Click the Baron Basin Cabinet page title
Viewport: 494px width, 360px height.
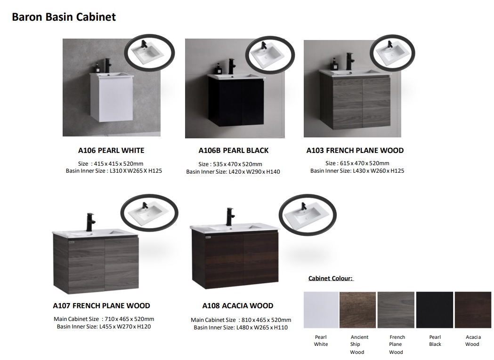click(64, 17)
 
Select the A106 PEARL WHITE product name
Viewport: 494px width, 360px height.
click(111, 151)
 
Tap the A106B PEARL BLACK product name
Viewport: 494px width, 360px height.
click(234, 151)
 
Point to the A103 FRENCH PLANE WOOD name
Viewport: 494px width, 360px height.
click(355, 151)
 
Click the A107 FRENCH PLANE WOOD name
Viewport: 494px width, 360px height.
click(101, 305)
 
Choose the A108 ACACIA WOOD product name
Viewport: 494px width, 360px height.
click(237, 305)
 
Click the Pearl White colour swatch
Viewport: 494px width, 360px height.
click(321, 310)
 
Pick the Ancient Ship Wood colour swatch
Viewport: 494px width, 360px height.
click(357, 310)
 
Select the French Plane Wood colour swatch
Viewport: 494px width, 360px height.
click(396, 310)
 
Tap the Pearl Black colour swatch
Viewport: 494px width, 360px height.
click(435, 310)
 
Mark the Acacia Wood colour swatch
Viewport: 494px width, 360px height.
click(473, 310)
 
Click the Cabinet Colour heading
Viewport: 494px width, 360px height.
click(331, 279)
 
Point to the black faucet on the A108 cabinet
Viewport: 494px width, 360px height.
click(230, 217)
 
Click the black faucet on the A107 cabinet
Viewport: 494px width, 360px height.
click(90, 223)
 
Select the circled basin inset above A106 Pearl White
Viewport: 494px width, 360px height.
click(150, 53)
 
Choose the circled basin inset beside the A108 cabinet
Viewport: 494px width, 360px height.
click(308, 215)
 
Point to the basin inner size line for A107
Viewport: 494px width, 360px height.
click(104, 327)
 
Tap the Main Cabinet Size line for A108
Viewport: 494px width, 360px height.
click(241, 320)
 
